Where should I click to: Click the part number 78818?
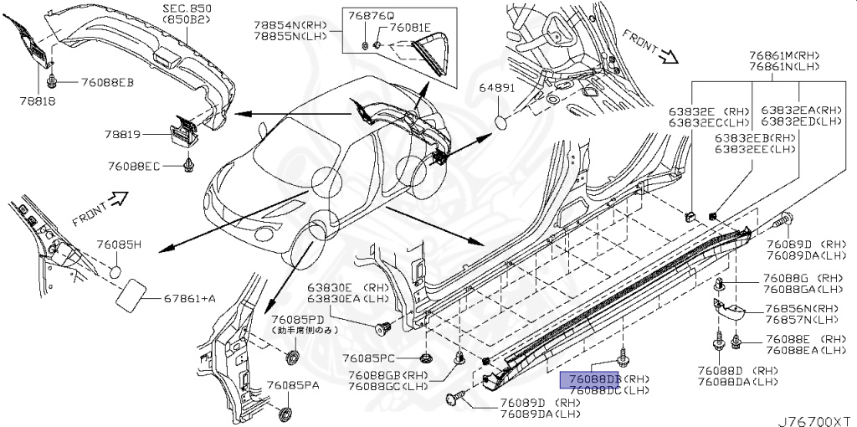click(x=23, y=99)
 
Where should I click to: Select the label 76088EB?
click(x=107, y=82)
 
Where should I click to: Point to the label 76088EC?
click(x=134, y=166)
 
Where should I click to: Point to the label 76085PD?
click(x=298, y=320)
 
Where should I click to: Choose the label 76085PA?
click(x=295, y=385)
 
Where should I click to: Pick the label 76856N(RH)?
click(x=800, y=308)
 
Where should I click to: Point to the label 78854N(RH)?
click(x=290, y=26)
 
